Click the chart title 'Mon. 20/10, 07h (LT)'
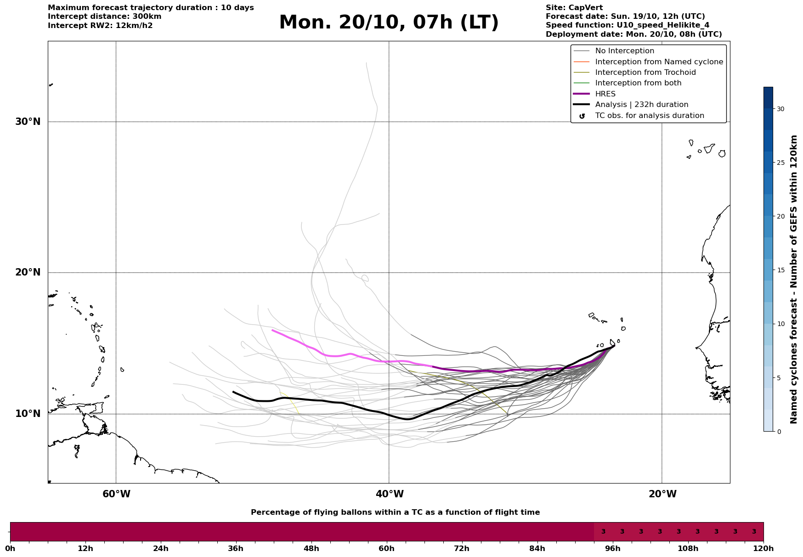tap(389, 23)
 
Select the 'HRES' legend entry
tap(605, 94)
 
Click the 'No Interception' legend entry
tap(624, 51)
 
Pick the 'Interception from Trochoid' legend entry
tap(645, 73)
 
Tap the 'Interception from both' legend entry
tap(638, 83)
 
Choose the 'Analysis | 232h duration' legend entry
tap(641, 105)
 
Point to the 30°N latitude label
tap(28, 122)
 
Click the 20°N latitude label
tap(28, 272)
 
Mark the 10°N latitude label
tap(28, 414)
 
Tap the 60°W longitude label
tap(116, 494)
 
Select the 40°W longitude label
tap(390, 494)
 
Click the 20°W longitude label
tap(662, 494)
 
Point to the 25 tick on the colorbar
tap(780, 163)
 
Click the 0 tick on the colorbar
tap(779, 432)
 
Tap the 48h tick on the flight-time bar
tap(311, 548)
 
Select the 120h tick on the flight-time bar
tap(763, 548)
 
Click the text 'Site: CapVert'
tap(574, 8)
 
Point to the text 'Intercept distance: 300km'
tap(104, 17)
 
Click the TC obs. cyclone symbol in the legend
tap(582, 116)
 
